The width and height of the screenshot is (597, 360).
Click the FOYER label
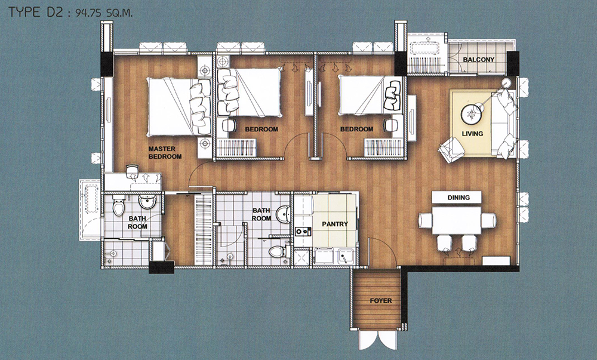click(x=381, y=301)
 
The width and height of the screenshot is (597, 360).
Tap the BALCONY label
click(x=479, y=60)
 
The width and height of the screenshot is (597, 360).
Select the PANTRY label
click(x=335, y=224)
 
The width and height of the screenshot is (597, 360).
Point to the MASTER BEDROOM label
click(x=165, y=153)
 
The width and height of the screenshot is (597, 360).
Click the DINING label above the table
click(x=458, y=198)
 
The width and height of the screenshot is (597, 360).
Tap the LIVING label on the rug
click(x=472, y=134)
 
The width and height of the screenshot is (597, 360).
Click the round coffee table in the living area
click(x=472, y=113)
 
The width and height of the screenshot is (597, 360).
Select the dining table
click(x=457, y=220)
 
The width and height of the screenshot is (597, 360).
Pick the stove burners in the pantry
click(x=303, y=231)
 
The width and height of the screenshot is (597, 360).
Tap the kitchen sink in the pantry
click(x=346, y=256)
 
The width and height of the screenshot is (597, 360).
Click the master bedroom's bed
click(x=179, y=107)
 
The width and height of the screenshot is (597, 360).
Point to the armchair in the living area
click(x=451, y=150)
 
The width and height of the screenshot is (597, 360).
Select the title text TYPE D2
click(x=35, y=12)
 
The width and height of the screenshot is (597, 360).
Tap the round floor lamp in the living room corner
click(x=507, y=82)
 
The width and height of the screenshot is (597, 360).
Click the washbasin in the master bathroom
click(x=147, y=202)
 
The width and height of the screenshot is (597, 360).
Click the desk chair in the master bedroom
click(x=132, y=171)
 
